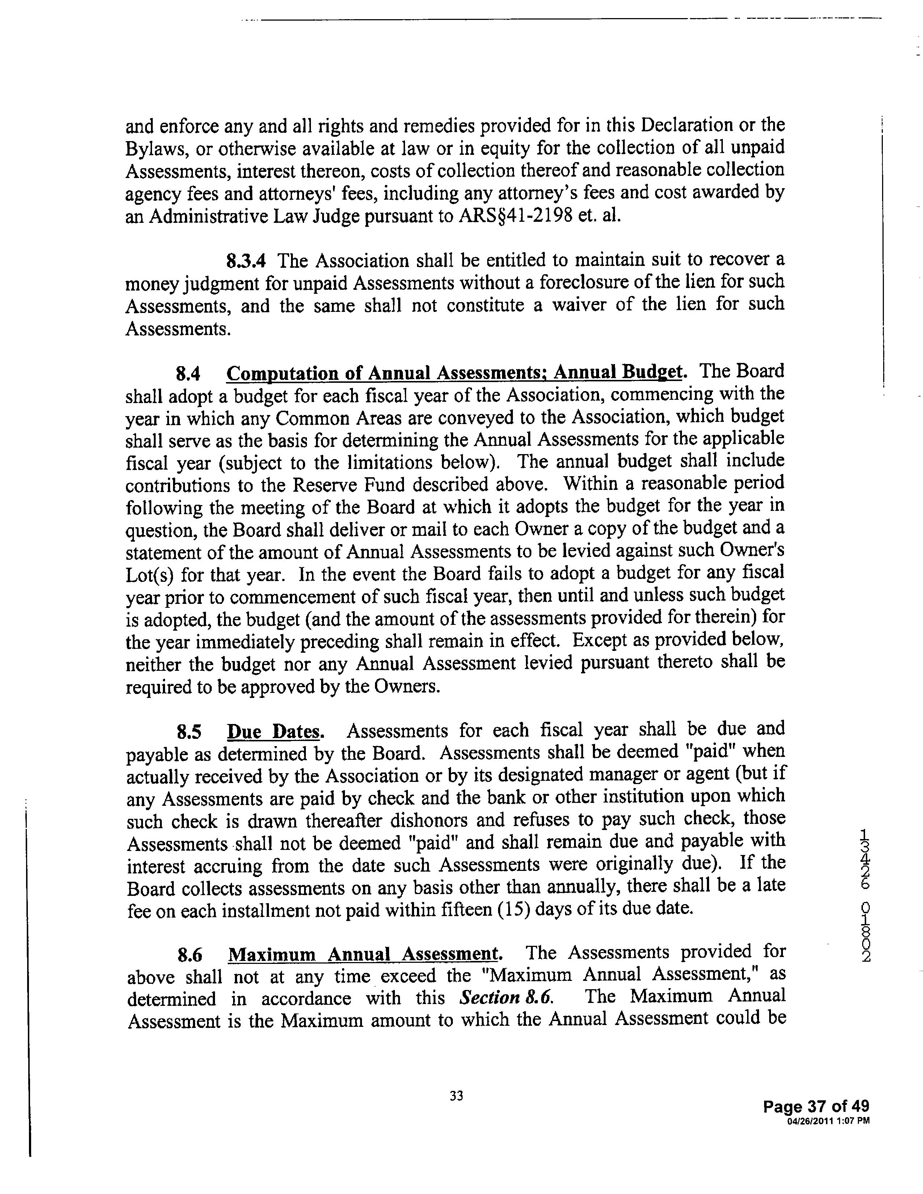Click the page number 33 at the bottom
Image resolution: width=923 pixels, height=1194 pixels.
tap(456, 1095)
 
